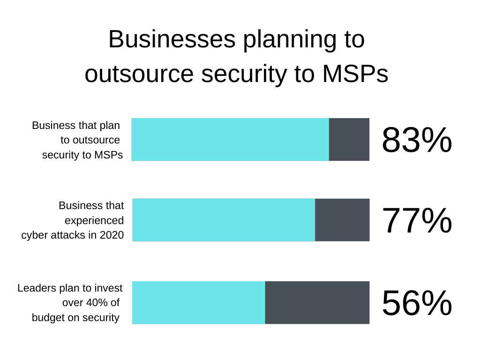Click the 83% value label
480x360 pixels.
(x=417, y=140)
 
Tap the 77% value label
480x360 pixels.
(x=417, y=220)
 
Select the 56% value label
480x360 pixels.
(x=417, y=303)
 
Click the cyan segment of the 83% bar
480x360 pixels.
(x=230, y=140)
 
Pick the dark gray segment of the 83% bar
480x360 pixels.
(x=349, y=140)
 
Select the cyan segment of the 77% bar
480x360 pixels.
(x=224, y=220)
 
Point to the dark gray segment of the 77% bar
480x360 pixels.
(x=342, y=220)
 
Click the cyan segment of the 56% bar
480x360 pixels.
(x=199, y=302)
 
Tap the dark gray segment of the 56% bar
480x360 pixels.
(x=317, y=302)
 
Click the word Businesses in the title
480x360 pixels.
(x=172, y=39)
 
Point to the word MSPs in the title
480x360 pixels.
(x=355, y=74)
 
